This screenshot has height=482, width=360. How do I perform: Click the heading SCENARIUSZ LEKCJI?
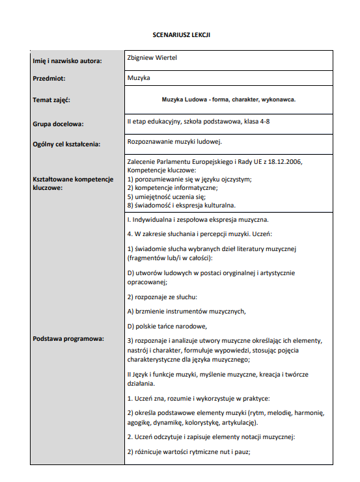[x=182, y=34]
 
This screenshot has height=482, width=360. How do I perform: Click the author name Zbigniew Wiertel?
[x=153, y=58]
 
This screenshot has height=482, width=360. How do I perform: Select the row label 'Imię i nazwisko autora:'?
[x=67, y=61]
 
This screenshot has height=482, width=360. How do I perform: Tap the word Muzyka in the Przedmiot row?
[x=139, y=78]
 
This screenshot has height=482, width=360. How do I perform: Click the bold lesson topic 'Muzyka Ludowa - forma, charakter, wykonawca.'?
[x=228, y=100]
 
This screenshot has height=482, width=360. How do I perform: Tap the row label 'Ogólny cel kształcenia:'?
[x=66, y=144]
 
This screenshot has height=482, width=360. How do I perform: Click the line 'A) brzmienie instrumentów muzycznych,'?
[x=186, y=311]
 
